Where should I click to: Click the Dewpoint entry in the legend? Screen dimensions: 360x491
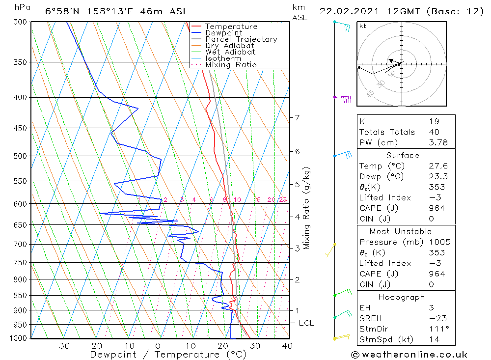tap(223, 33)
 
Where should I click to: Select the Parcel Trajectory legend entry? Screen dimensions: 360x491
tap(241, 39)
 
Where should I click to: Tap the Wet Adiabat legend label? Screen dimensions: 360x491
tap(230, 52)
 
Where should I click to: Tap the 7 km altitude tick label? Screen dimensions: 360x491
tap(297, 117)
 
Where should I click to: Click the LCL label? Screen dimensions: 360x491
tap(306, 323)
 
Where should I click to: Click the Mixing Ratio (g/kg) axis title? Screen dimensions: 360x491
tap(307, 208)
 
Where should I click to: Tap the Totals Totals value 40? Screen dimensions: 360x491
tap(434, 132)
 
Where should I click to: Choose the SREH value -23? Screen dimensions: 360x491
tap(436, 319)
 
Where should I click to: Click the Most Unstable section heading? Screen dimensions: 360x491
tap(401, 231)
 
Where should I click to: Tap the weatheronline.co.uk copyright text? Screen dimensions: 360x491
tap(409, 355)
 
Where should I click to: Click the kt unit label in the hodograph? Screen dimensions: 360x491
tap(363, 26)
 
